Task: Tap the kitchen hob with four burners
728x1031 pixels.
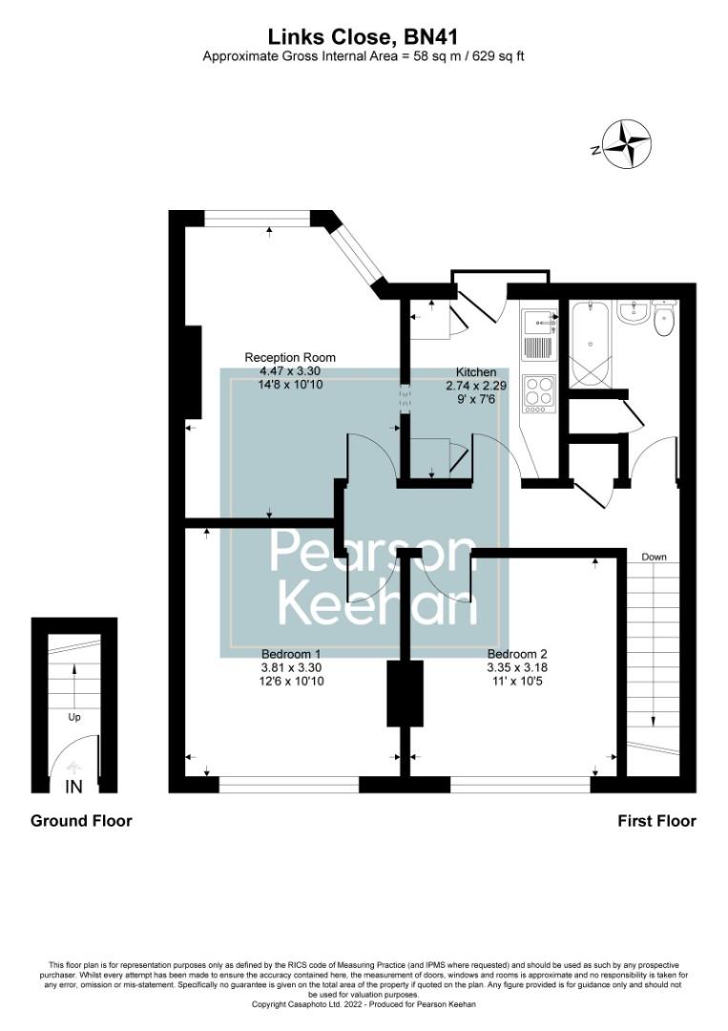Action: click(539, 393)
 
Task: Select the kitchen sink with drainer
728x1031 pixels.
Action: click(539, 335)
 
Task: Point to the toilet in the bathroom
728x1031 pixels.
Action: click(665, 320)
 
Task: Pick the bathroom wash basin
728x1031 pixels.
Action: click(633, 312)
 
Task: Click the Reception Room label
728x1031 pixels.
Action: click(290, 358)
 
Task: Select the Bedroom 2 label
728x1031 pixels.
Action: click(516, 653)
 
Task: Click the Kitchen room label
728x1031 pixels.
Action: click(475, 372)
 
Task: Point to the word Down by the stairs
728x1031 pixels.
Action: click(654, 557)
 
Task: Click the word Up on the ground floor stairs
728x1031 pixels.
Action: click(73, 716)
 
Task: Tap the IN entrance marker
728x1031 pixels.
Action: click(73, 788)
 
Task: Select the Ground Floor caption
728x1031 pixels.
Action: click(81, 821)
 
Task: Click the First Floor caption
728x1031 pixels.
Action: click(656, 821)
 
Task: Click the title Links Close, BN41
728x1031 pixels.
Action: click(363, 37)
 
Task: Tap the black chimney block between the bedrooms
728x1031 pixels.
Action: click(405, 692)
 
